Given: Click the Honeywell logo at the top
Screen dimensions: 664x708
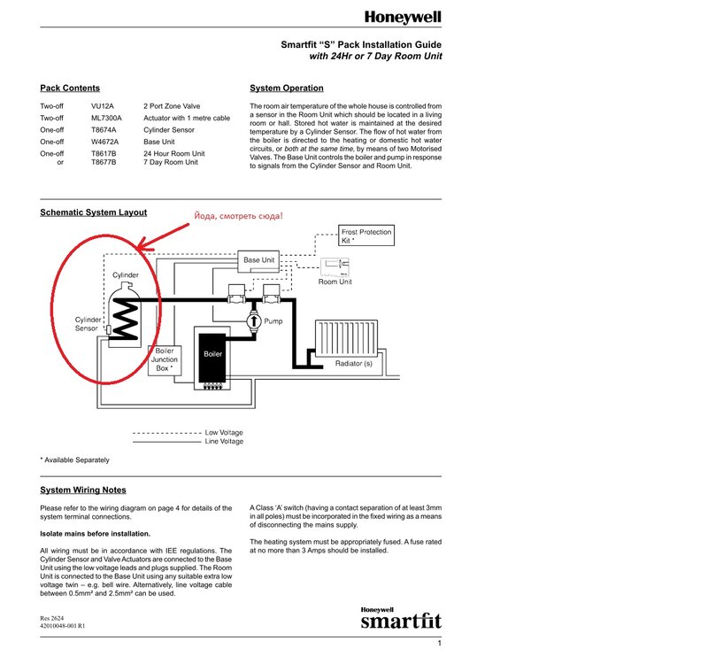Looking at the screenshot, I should click(x=403, y=17).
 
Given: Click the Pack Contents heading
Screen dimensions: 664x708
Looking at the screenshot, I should click(x=70, y=89).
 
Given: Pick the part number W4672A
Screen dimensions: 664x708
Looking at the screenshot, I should click(x=106, y=141).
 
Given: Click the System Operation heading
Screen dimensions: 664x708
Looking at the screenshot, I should click(x=286, y=89).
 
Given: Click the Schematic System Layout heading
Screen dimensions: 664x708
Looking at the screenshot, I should click(x=93, y=212).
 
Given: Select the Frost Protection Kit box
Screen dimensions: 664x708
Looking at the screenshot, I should click(x=366, y=236).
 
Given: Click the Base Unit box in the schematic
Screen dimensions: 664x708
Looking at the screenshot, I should click(x=258, y=260).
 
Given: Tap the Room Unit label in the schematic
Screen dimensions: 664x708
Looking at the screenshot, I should click(x=335, y=282).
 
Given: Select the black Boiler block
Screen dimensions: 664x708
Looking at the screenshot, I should click(x=212, y=360).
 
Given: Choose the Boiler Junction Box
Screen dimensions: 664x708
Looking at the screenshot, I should click(x=164, y=359).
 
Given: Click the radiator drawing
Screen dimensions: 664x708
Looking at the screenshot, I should click(x=352, y=341).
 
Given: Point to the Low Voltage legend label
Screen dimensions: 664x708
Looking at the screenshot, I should click(x=223, y=432).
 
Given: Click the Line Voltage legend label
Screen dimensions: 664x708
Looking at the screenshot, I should click(x=224, y=441).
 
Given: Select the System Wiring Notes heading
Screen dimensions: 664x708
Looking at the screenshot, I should click(x=83, y=490).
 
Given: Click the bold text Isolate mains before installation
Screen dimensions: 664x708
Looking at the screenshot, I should click(x=95, y=535).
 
